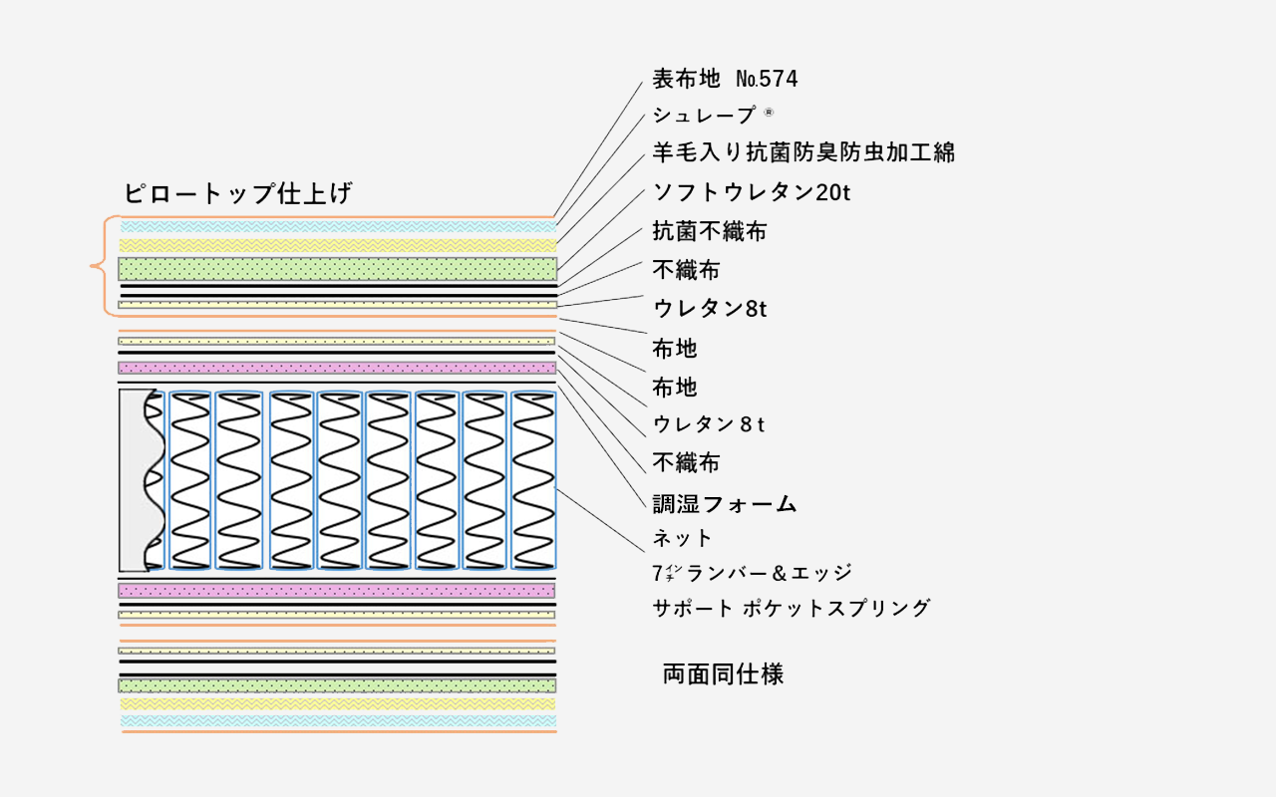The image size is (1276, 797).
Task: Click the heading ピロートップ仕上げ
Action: click(x=238, y=193)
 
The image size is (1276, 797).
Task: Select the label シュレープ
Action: click(x=704, y=116)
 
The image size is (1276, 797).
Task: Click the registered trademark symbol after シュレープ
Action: click(x=769, y=113)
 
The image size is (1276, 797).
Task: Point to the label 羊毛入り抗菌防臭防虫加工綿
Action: click(x=803, y=152)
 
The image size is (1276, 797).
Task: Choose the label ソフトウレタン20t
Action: click(x=752, y=192)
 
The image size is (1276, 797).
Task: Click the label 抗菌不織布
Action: click(x=709, y=231)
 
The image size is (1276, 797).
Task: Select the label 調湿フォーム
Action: click(x=724, y=504)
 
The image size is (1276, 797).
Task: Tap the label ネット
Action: click(x=682, y=538)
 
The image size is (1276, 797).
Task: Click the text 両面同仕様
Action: click(x=724, y=674)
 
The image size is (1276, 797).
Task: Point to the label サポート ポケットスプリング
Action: click(x=792, y=609)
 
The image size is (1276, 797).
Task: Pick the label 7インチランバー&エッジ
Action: click(x=753, y=573)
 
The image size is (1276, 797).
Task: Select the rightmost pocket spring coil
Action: click(x=533, y=480)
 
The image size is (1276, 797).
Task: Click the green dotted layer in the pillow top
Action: click(x=337, y=269)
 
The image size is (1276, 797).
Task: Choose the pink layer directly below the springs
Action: click(x=337, y=591)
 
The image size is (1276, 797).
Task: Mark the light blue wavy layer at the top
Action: click(x=338, y=226)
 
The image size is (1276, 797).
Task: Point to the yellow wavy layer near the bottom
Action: click(x=337, y=704)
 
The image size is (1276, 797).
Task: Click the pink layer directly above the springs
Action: click(x=337, y=368)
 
